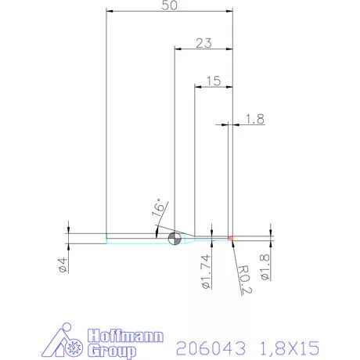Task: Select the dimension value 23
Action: point(203,44)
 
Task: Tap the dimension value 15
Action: point(213,81)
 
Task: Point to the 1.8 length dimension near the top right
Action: point(255,119)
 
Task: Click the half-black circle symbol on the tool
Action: point(175,237)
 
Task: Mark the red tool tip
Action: point(231,237)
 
